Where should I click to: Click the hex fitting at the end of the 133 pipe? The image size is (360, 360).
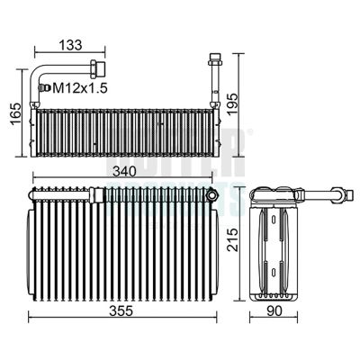click(97, 67)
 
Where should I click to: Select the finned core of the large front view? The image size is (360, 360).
click(121, 252)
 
